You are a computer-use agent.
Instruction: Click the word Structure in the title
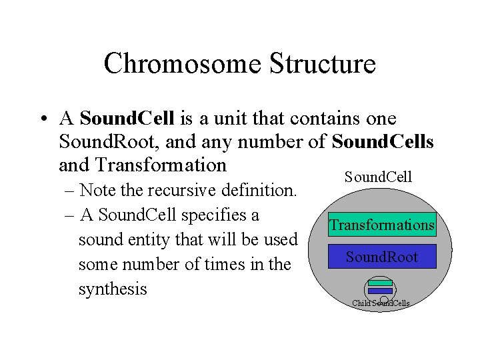tap(323, 65)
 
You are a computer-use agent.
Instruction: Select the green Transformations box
tap(382, 225)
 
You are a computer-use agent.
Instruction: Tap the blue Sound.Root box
tap(382, 257)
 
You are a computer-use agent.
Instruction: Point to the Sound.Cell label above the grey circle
tap(378, 177)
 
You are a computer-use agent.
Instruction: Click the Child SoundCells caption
tap(381, 303)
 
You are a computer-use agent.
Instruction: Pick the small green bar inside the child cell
tap(380, 283)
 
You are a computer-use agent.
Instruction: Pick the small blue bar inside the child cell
tap(380, 291)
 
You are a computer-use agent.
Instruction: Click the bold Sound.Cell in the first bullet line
tap(127, 119)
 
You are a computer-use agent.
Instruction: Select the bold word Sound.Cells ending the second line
tap(383, 141)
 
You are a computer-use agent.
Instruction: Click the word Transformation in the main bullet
tap(161, 164)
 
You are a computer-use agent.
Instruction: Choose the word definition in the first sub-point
tap(257, 191)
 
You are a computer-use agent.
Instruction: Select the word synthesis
tap(113, 289)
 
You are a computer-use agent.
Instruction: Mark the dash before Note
tap(70, 191)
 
